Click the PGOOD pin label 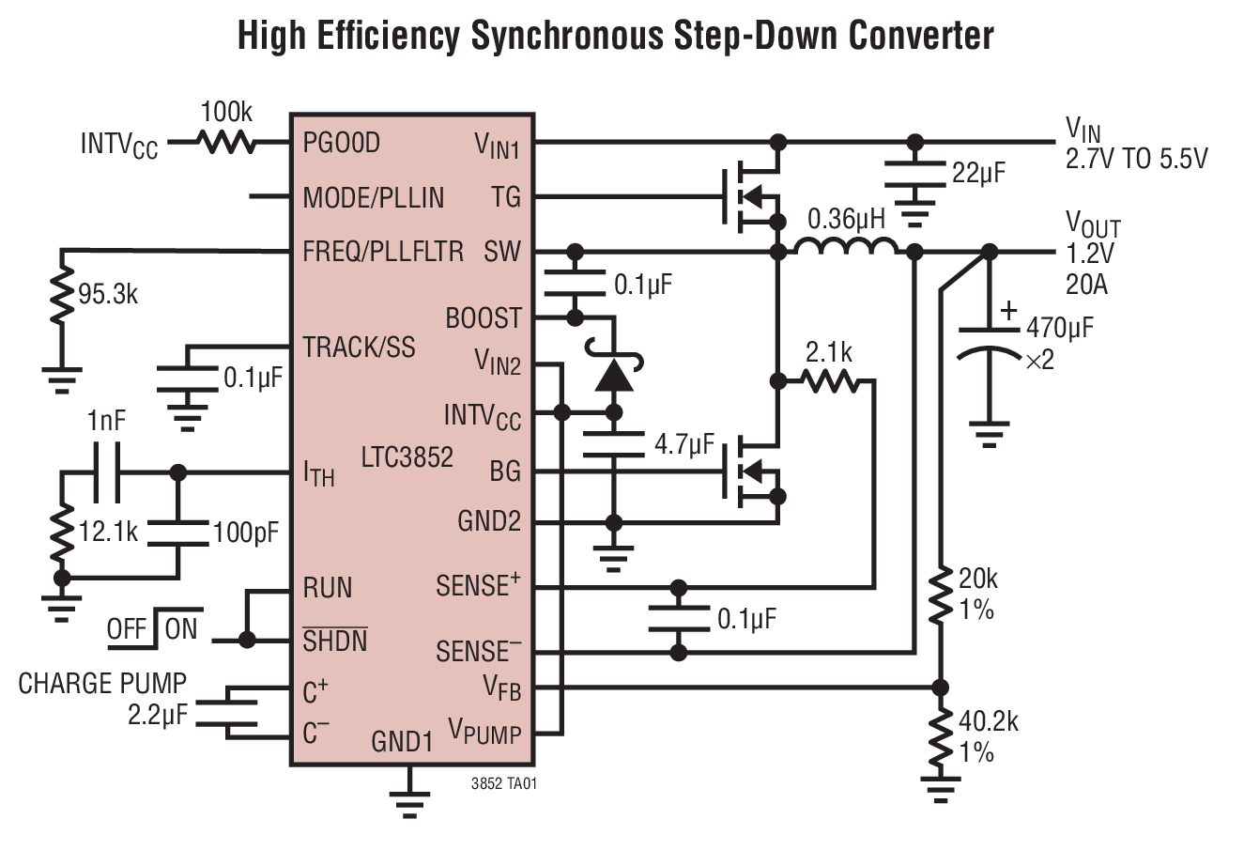pyautogui.click(x=341, y=143)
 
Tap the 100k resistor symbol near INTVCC pyautogui.click(x=225, y=143)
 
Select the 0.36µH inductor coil pyautogui.click(x=845, y=247)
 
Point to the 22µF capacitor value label pyautogui.click(x=979, y=173)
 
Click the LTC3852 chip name pyautogui.click(x=407, y=457)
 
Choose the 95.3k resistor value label pyautogui.click(x=108, y=294)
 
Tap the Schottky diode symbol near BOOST pyautogui.click(x=615, y=373)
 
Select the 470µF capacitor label pyautogui.click(x=1059, y=328)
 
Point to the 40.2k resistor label pyautogui.click(x=988, y=721)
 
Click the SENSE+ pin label pyautogui.click(x=478, y=585)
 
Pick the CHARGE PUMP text pyautogui.click(x=102, y=683)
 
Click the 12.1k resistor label pyautogui.click(x=108, y=533)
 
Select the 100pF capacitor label pyautogui.click(x=246, y=533)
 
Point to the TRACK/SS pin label pyautogui.click(x=359, y=348)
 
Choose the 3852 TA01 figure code pyautogui.click(x=505, y=782)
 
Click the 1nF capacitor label pyautogui.click(x=106, y=422)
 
